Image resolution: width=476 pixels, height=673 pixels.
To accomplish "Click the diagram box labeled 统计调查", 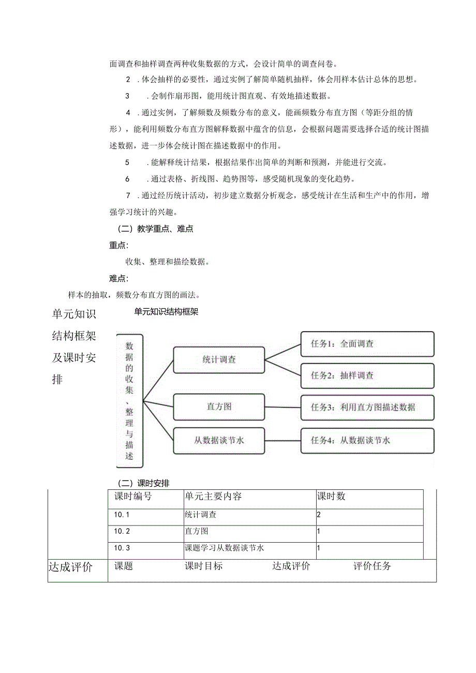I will pos(219,360).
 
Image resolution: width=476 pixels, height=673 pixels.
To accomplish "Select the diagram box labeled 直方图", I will pos(219,407).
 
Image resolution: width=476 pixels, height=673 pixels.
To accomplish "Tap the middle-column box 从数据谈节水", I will pos(219,441).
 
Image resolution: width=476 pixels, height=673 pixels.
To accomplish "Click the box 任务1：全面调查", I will pos(367,344).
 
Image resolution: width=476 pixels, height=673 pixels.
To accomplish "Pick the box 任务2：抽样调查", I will pos(367,376).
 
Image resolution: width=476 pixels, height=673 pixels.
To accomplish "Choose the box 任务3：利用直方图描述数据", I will pos(367,407).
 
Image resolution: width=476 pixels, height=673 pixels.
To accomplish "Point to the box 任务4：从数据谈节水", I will pos(367,441).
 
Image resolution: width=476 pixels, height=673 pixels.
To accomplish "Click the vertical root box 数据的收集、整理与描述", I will pos(129,400).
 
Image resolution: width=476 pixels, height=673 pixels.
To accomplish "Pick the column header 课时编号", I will pos(133,497).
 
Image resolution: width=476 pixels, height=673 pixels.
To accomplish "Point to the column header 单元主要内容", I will pos(213,497).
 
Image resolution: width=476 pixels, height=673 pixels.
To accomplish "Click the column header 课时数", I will pos(331,497).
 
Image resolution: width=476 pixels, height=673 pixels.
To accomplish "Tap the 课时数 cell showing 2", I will pos(319,515).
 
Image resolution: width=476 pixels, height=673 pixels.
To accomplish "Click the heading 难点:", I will pos(118,279).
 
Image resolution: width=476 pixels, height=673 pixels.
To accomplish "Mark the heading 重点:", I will pos(118,245).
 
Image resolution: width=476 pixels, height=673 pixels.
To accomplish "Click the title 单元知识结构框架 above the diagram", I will pos(166,312).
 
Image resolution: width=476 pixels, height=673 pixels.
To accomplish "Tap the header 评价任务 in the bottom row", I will pos(373,566).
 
